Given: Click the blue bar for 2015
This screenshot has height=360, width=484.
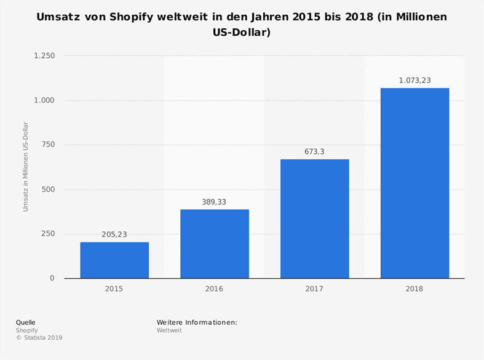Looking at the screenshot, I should pyautogui.click(x=114, y=260).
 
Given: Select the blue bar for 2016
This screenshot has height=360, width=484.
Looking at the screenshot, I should pyautogui.click(x=215, y=244).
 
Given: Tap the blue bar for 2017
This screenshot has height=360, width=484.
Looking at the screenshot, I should pyautogui.click(x=314, y=218).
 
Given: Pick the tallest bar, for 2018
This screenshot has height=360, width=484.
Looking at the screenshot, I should pyautogui.click(x=415, y=183).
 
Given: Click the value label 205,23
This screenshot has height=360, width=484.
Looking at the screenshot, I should pyautogui.click(x=114, y=234).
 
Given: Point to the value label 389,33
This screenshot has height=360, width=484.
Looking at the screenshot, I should pyautogui.click(x=215, y=202).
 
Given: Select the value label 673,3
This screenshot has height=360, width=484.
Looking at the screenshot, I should pyautogui.click(x=314, y=151).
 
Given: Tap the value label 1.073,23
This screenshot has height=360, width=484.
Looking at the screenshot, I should pyautogui.click(x=415, y=80).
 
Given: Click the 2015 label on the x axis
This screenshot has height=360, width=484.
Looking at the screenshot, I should pyautogui.click(x=114, y=289).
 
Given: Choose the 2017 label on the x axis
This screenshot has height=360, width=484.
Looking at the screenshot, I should pyautogui.click(x=314, y=289).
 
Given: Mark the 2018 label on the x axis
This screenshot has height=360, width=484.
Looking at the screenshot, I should pyautogui.click(x=415, y=289).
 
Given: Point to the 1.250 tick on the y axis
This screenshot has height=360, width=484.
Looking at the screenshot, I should pyautogui.click(x=44, y=56).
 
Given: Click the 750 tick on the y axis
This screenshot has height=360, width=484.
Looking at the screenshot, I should pyautogui.click(x=47, y=145).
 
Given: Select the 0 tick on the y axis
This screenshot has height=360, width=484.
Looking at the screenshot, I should pyautogui.click(x=52, y=278).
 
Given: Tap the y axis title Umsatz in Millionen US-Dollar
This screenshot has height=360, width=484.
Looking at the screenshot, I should pyautogui.click(x=26, y=166).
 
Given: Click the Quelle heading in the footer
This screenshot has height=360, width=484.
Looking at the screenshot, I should pyautogui.click(x=25, y=322).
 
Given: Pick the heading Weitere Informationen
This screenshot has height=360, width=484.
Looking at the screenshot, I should pyautogui.click(x=197, y=322).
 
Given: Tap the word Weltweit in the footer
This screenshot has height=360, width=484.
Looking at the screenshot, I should pyautogui.click(x=169, y=330).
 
